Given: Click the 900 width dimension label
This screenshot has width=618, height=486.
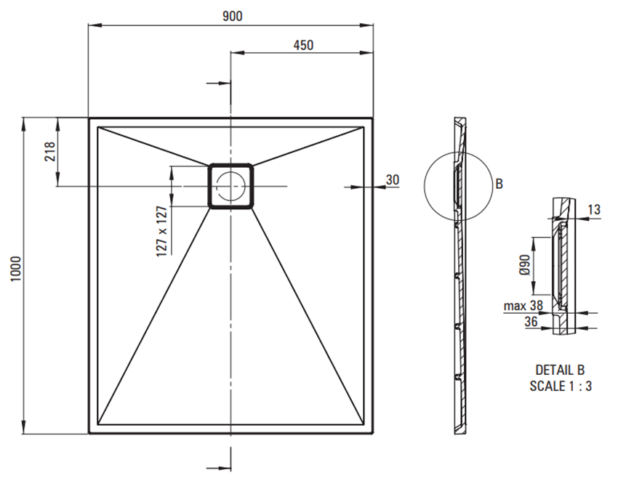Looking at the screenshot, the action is point(233,16).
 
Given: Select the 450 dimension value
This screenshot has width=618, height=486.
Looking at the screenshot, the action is point(303,45).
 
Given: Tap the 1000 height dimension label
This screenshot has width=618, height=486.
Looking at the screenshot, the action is point(15,269).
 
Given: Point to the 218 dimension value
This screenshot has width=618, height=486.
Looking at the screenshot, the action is point(49,152).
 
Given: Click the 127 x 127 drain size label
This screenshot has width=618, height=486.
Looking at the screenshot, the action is point(161,232).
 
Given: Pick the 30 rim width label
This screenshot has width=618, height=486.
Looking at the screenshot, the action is point(392,180).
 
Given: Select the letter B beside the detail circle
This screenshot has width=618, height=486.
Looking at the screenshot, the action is point(499,184).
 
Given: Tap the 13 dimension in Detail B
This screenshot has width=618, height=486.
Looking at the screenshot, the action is point(594,209).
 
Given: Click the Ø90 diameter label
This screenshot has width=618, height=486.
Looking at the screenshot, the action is point(524,265).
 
